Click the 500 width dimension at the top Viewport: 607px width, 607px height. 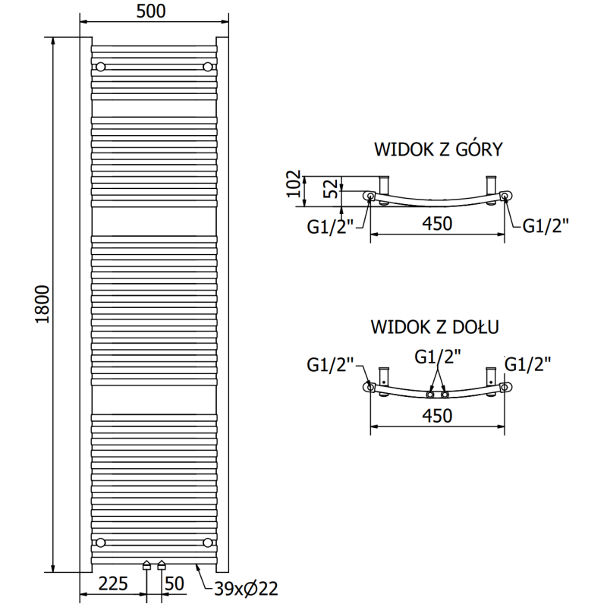pos(149,11)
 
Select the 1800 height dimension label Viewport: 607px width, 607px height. pos(42,305)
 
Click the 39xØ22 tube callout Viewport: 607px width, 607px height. pos(246,588)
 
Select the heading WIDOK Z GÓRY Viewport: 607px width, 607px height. pos(438,149)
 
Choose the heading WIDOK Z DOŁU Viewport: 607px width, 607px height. pos(435,328)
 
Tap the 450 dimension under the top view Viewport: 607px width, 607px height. pos(436,224)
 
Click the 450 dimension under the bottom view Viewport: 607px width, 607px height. pos(436,416)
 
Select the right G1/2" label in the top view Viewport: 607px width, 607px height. pos(546,225)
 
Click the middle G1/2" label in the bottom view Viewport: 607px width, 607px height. pos(437,355)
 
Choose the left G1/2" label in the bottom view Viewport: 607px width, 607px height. pos(331,366)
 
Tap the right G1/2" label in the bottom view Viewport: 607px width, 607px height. pos(528,364)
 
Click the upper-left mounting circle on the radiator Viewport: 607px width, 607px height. pos(100,67)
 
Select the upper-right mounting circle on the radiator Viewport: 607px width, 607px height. pos(207,67)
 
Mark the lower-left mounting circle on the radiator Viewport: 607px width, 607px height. pos(100,542)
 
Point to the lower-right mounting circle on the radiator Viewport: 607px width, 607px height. pos(207,542)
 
